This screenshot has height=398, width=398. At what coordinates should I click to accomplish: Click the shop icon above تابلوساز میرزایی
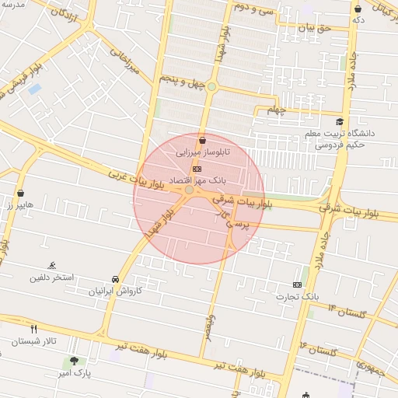[x=203, y=141]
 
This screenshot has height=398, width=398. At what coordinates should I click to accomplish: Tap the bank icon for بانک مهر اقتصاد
[x=197, y=167]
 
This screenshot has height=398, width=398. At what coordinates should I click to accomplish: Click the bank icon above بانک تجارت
[x=296, y=285]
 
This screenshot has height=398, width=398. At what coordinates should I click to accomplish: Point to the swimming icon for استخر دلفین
[x=52, y=265]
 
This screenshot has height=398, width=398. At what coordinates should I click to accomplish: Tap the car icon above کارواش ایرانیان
[x=115, y=279]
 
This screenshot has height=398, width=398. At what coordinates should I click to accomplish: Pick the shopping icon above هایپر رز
[x=20, y=193]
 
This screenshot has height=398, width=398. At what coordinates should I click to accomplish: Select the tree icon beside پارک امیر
[x=75, y=360]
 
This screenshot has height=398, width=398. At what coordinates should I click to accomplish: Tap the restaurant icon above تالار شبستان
[x=33, y=329]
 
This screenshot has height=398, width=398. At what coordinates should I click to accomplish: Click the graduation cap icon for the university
[x=340, y=122]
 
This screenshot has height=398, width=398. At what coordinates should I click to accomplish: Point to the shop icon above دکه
[x=358, y=9]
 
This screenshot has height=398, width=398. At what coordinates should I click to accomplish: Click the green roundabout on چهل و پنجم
[x=211, y=87]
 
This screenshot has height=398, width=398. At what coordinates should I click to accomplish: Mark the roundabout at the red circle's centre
[x=189, y=190]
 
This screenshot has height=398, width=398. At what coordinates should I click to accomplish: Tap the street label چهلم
[x=277, y=109]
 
